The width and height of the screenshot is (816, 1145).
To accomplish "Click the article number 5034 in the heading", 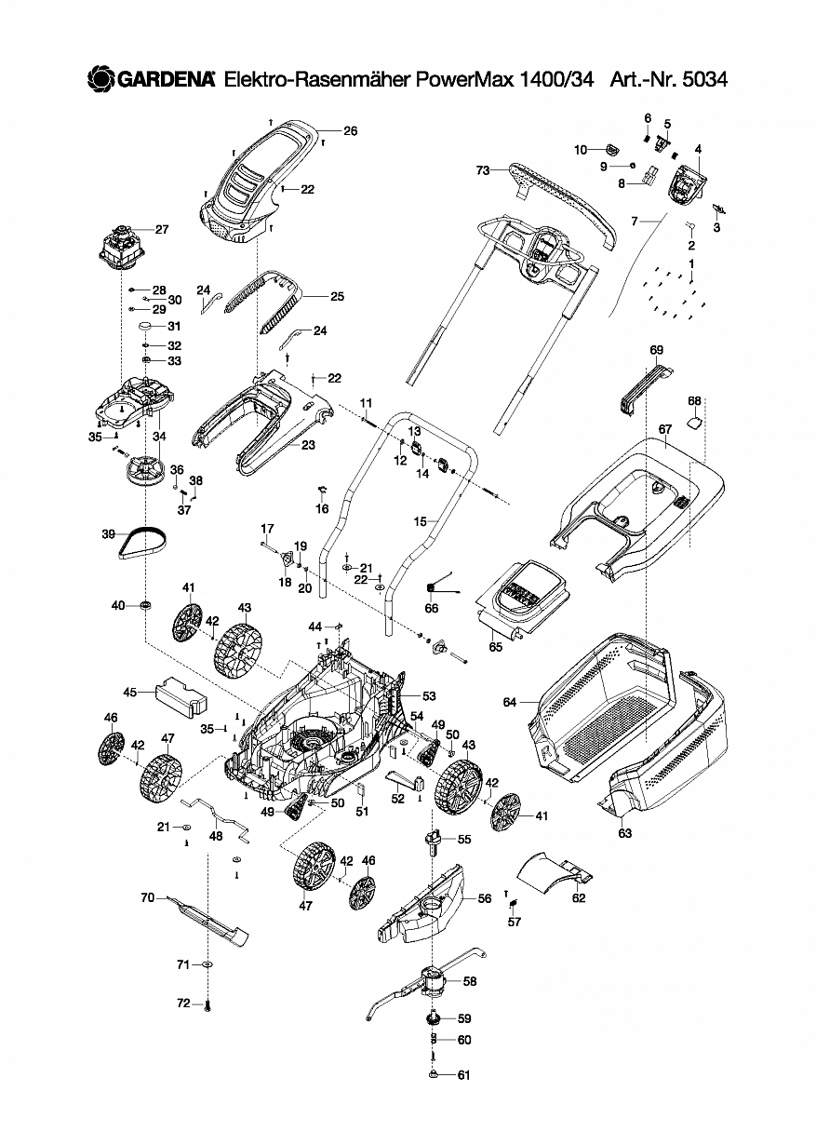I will pos(703,80).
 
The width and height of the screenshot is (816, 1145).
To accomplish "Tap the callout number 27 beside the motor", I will pos(162,230).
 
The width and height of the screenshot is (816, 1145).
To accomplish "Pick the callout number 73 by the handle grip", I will pos(482,170).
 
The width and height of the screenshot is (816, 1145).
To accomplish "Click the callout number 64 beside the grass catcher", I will pos(509,702).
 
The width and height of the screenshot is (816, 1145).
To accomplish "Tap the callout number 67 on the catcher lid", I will pos(664,429).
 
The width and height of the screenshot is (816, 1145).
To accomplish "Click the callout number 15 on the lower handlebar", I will pos(421,522).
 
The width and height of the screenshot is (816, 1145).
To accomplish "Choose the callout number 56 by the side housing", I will pos(484,898).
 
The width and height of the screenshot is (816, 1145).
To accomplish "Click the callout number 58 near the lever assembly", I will pos(469,981).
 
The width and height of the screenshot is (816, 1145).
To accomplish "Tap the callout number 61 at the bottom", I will pos(463,1075).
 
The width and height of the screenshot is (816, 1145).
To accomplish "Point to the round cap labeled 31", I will pos(145,327).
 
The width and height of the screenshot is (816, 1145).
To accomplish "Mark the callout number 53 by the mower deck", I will pos(429,695).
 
